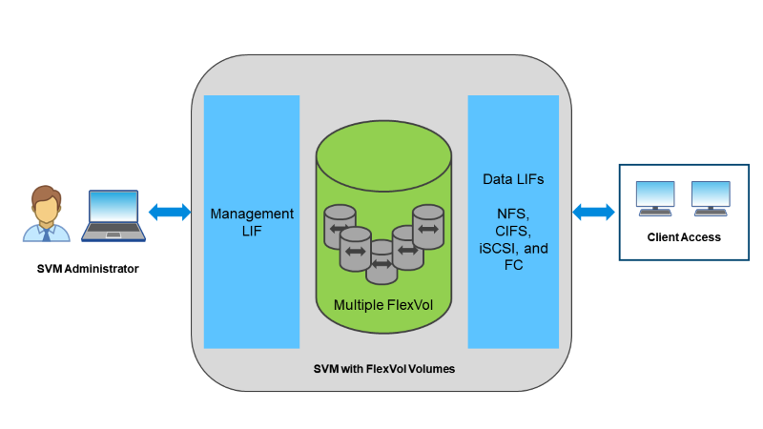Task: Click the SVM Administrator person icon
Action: click(x=46, y=214)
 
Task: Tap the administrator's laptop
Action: click(x=113, y=214)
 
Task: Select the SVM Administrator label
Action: click(x=83, y=270)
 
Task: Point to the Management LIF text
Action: click(x=252, y=223)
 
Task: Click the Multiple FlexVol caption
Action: click(x=381, y=306)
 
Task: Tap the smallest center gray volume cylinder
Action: click(x=381, y=262)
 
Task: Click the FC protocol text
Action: click(x=512, y=267)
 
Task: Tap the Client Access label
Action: click(x=683, y=237)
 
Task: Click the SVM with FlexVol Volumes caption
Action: click(x=383, y=368)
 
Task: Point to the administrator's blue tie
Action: click(x=46, y=232)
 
